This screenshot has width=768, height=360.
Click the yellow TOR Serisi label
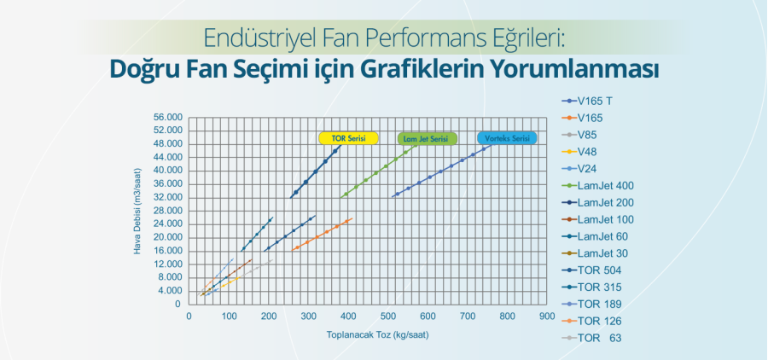tap(347, 137)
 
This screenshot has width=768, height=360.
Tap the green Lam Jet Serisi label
tap(427, 137)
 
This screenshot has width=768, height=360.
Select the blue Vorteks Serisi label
tap(505, 137)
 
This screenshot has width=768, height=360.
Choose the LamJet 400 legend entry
tap(605, 185)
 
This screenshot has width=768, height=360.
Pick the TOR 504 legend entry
tap(599, 270)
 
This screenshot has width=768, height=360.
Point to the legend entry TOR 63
tap(596, 338)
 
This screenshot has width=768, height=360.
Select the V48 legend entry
tap(589, 151)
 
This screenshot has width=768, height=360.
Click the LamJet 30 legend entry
tap(602, 253)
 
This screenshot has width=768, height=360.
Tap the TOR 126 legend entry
tap(599, 321)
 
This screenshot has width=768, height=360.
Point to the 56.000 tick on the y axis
tap(168, 117)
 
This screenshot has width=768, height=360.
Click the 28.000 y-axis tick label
tap(168, 211)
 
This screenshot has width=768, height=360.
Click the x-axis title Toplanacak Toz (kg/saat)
tap(377, 334)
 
